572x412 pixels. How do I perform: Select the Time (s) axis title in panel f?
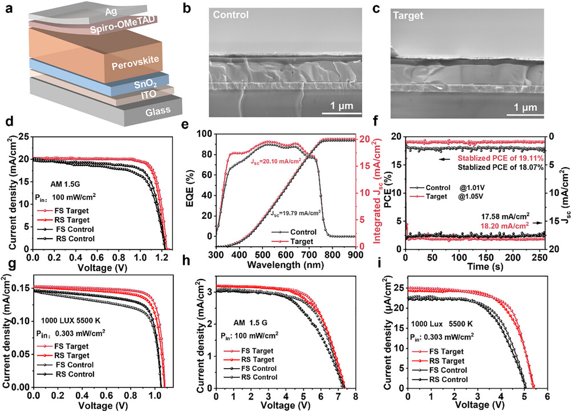tap(474, 265)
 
